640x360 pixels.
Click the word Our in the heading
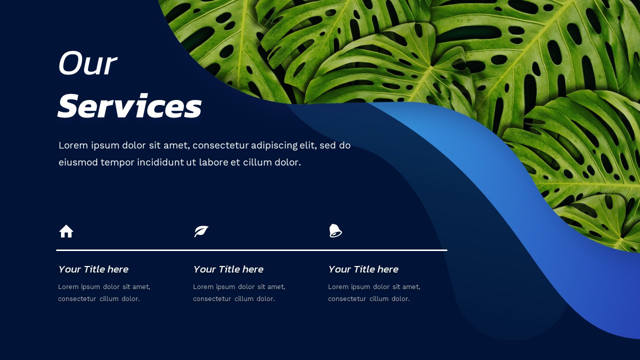(87, 64)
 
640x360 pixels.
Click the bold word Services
(129, 106)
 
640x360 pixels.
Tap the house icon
(66, 231)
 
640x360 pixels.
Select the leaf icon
(201, 231)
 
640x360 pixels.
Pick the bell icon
(335, 230)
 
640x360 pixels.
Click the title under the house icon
(93, 269)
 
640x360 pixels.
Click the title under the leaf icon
(228, 269)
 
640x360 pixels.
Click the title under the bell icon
(363, 269)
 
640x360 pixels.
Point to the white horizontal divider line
(251, 250)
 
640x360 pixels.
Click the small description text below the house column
(104, 293)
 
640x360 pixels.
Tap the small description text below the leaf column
(239, 293)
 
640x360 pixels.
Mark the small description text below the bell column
(374, 293)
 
